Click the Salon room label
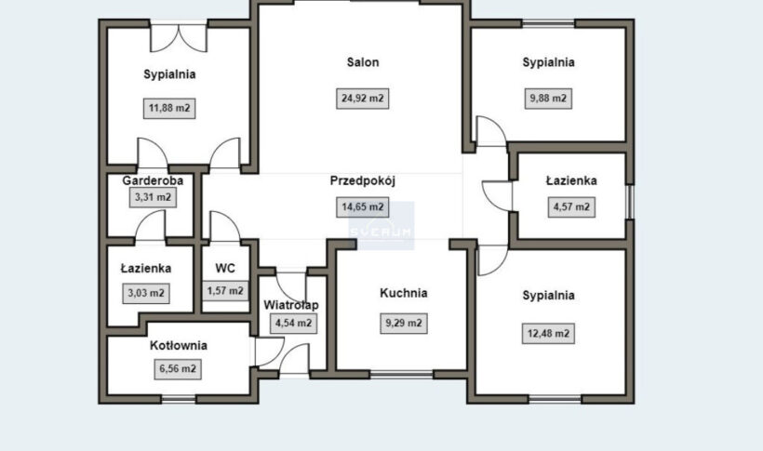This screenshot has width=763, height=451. (363, 62)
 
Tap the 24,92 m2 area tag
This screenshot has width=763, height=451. (363, 99)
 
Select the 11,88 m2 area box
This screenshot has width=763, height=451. (169, 108)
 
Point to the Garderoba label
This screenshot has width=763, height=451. (153, 180)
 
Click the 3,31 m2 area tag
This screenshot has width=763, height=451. (153, 197)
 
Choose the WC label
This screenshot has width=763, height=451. (225, 268)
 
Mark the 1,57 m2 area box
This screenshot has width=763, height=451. (225, 291)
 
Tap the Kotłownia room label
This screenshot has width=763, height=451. (179, 345)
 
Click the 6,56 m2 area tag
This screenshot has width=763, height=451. (178, 369)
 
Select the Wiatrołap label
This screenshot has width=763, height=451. (291, 305)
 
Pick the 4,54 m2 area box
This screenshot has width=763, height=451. (293, 323)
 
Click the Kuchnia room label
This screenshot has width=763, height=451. (404, 293)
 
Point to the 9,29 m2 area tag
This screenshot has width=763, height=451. (404, 323)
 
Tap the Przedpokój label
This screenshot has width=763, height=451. (363, 181)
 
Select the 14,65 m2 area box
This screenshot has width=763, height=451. (363, 207)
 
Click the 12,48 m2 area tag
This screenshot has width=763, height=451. (548, 334)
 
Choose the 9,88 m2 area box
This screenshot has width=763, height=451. (548, 99)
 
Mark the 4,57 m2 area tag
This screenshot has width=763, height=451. (571, 207)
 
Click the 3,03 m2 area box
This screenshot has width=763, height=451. (146, 293)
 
